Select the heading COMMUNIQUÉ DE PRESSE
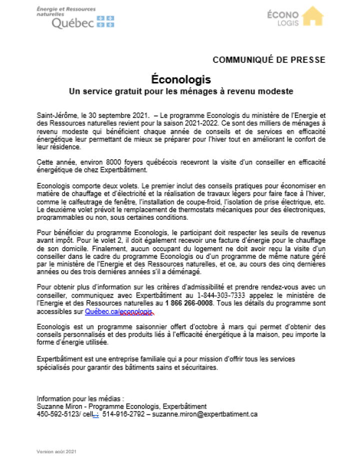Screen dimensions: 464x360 coord(269,60)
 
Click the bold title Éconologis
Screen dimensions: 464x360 coord(181,79)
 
